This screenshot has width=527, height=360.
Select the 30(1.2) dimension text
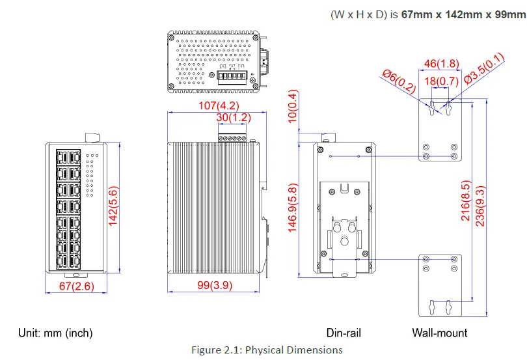click(x=234, y=118)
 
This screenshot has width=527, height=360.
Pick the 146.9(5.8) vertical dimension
click(x=293, y=208)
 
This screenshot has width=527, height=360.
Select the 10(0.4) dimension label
click(x=293, y=106)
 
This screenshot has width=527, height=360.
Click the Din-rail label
click(x=344, y=333)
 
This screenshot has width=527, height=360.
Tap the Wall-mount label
click(x=440, y=333)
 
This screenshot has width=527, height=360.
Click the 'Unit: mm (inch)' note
click(x=55, y=333)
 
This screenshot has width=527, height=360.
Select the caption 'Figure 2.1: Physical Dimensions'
click(x=267, y=350)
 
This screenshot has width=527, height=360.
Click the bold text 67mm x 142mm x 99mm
click(x=463, y=15)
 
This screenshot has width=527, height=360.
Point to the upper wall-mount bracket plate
click(x=440, y=130)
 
